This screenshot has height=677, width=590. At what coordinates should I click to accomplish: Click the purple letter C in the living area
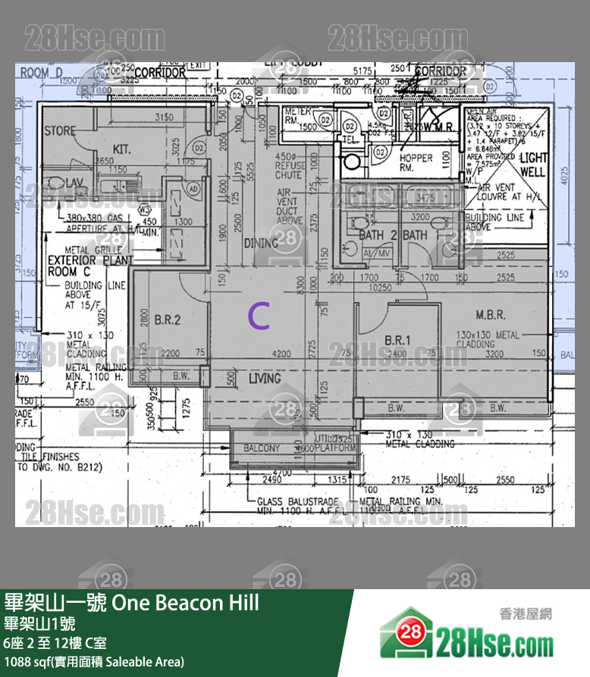[x=259, y=317]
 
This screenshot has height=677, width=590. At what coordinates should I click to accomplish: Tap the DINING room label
[x=262, y=242]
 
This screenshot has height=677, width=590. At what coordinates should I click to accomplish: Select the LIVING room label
[x=264, y=378]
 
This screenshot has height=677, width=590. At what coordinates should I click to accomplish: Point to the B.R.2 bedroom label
[x=167, y=320]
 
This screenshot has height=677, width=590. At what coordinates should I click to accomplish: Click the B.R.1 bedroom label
[x=397, y=340]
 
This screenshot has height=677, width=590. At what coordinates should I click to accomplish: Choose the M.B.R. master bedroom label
[x=491, y=314]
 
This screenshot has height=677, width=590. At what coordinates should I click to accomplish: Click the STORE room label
[x=60, y=131]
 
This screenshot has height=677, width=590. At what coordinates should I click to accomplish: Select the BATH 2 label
[x=378, y=236]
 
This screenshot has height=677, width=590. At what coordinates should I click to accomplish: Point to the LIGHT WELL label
[x=532, y=165]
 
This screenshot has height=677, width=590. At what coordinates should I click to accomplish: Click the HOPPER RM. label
[x=416, y=163]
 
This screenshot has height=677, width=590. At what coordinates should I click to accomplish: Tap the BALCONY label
[x=262, y=449]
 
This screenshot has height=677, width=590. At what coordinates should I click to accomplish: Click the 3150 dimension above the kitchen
[x=164, y=117]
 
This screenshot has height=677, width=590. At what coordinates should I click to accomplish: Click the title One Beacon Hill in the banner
[x=186, y=603]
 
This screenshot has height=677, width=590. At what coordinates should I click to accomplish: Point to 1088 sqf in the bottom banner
[x=26, y=662]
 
